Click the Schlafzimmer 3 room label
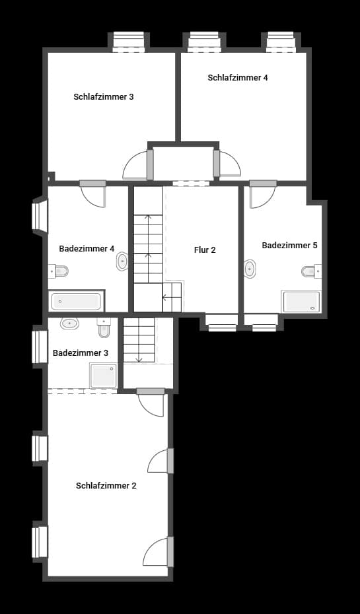104,97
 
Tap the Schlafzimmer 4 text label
238,78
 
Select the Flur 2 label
205,250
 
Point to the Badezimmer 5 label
289,246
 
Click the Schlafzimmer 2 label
106,486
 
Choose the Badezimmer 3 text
81,353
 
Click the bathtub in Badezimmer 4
76,302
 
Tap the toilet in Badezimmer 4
59,271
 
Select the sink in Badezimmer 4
123,262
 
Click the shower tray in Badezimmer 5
301,302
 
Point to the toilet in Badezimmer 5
310,271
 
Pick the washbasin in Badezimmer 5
250,269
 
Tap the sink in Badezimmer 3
69,324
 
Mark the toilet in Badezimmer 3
104,327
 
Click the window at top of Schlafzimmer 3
128,41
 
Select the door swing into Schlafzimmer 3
136,166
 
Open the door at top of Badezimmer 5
262,195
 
